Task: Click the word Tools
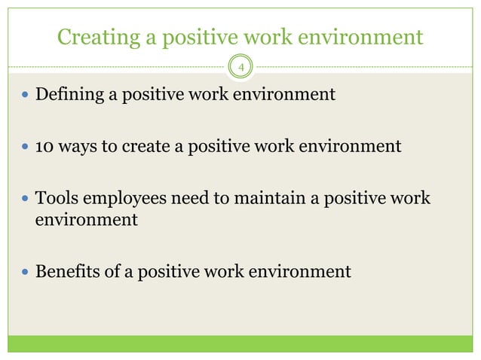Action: coord(57,197)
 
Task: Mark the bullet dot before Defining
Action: coord(26,96)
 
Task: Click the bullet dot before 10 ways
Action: coord(26,147)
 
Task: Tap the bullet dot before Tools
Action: coord(26,198)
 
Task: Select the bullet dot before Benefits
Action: coord(26,271)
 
